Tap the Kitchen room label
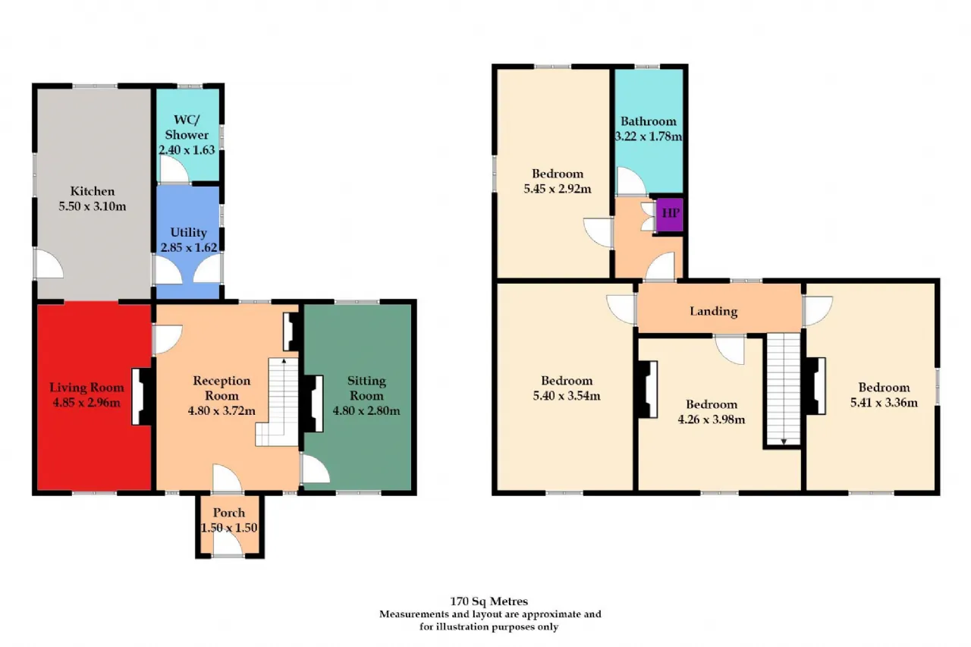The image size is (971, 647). pyautogui.click(x=93, y=191)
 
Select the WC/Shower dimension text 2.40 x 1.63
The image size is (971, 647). pyautogui.click(x=187, y=150)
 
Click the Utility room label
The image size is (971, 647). pyautogui.click(x=188, y=232)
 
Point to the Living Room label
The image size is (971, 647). pyautogui.click(x=86, y=388)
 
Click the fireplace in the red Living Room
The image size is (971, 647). pyautogui.click(x=141, y=396)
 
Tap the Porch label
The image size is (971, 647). pyautogui.click(x=229, y=513)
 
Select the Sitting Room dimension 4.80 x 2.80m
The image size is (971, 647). pyautogui.click(x=366, y=410)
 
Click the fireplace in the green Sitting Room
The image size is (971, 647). pyautogui.click(x=313, y=404)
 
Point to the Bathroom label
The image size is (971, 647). pyautogui.click(x=649, y=121)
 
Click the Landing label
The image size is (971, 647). pyautogui.click(x=714, y=311)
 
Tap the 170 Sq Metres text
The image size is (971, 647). pyautogui.click(x=489, y=601)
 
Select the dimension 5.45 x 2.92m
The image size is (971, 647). pyautogui.click(x=558, y=189)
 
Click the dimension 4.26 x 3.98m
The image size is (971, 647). pyautogui.click(x=712, y=419)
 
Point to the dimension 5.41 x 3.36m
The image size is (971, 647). pyautogui.click(x=884, y=403)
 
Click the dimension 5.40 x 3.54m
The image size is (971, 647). pyautogui.click(x=567, y=396)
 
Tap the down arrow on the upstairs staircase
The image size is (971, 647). pyautogui.click(x=784, y=441)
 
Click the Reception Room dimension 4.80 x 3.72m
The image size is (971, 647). pyautogui.click(x=222, y=410)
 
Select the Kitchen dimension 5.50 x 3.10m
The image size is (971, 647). pyautogui.click(x=93, y=206)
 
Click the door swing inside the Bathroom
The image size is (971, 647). pyautogui.click(x=631, y=181)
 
